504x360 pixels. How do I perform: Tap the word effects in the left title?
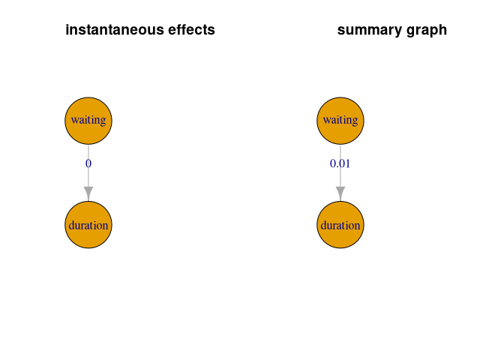(x=190, y=31)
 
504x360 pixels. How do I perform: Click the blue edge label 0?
(x=88, y=163)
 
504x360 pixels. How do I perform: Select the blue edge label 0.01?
(x=340, y=163)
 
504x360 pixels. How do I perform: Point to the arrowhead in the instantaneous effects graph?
(x=88, y=193)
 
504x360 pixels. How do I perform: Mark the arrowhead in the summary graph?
(x=340, y=193)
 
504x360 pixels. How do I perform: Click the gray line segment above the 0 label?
(x=88, y=149)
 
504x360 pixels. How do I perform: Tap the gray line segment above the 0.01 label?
(x=340, y=149)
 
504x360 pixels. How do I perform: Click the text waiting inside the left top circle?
(x=88, y=120)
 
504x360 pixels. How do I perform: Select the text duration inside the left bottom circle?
(x=88, y=225)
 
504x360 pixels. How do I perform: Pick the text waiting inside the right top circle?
(x=340, y=120)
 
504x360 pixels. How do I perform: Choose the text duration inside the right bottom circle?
(x=340, y=225)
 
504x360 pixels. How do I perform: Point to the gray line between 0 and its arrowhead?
(x=88, y=177)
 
